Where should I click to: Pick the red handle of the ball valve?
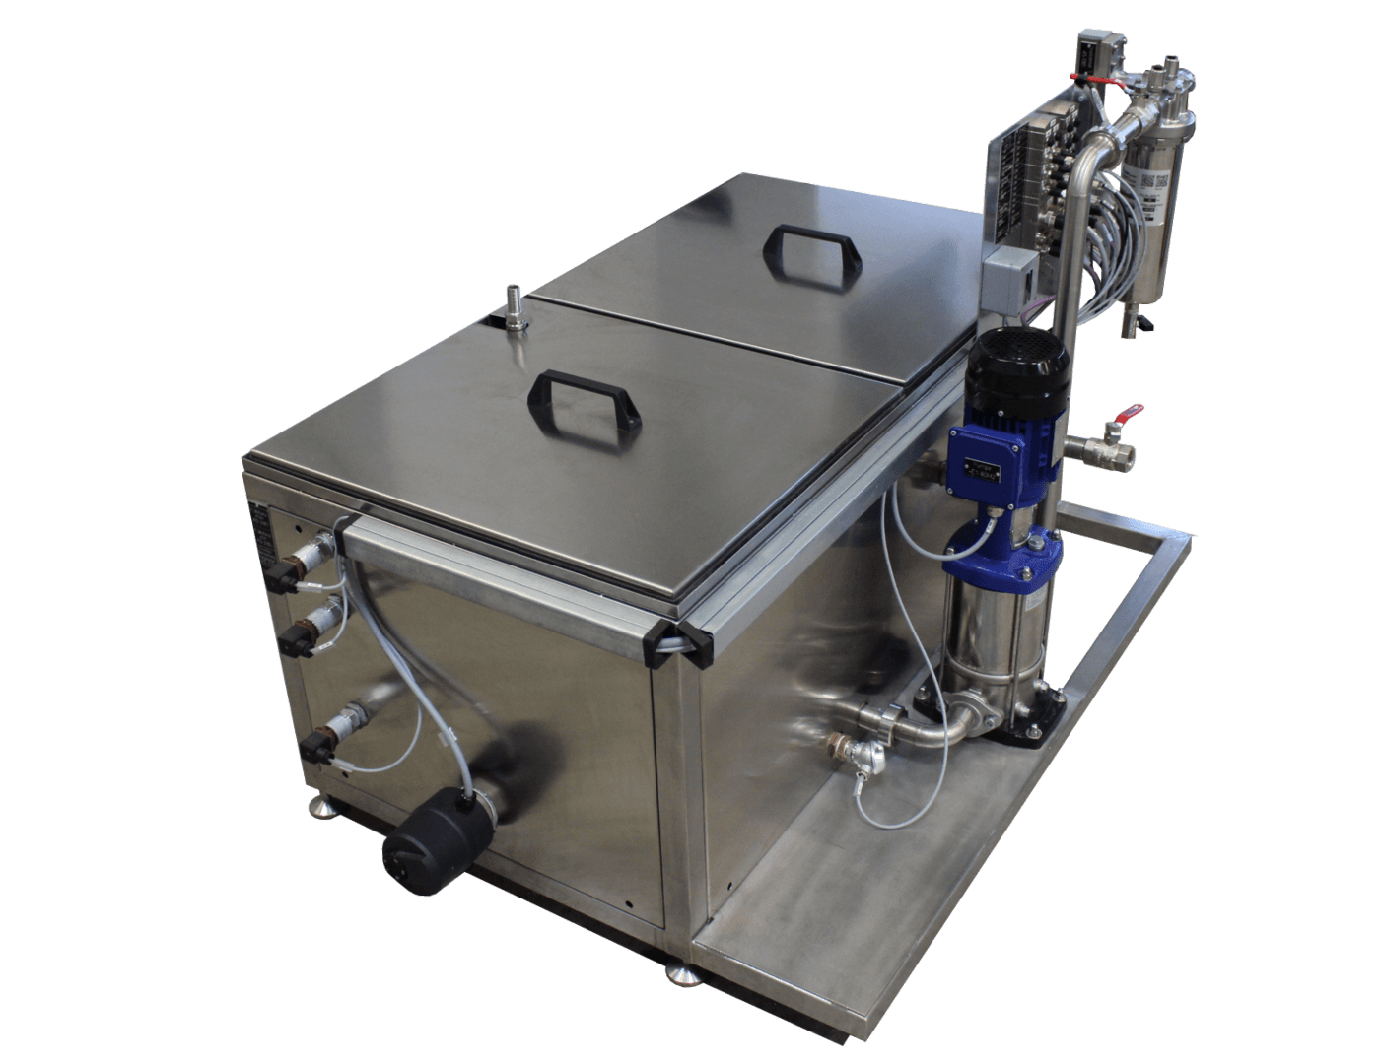1133,409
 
